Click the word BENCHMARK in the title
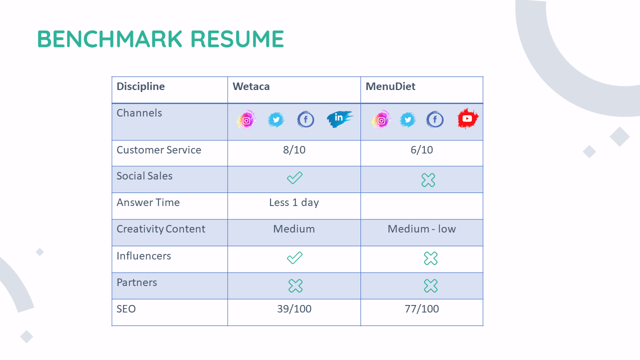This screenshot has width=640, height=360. [x=109, y=39]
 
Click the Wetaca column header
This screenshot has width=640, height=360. [x=251, y=86]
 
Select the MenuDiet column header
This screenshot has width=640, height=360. [x=390, y=86]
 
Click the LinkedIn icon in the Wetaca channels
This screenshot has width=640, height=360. [x=339, y=118]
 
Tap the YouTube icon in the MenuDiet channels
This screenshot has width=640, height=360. [x=467, y=118]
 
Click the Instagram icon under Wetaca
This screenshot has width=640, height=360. [x=246, y=119]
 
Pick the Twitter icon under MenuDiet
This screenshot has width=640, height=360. [x=407, y=119]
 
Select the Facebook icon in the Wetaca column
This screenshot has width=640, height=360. [x=305, y=119]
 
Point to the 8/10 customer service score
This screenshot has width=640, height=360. [x=294, y=150]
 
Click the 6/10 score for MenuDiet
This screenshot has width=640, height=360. [x=421, y=150]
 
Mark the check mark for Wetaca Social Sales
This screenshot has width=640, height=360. [x=294, y=177]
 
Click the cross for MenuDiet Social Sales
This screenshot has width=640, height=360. [x=428, y=180]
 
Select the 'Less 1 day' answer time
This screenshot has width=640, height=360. [x=294, y=202]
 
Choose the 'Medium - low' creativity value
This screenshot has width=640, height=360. [x=421, y=229]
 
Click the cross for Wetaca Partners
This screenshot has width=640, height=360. [x=295, y=285]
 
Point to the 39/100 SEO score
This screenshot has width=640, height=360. [x=294, y=309]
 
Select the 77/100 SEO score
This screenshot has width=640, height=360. [x=421, y=309]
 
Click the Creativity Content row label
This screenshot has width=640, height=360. [x=161, y=229]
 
